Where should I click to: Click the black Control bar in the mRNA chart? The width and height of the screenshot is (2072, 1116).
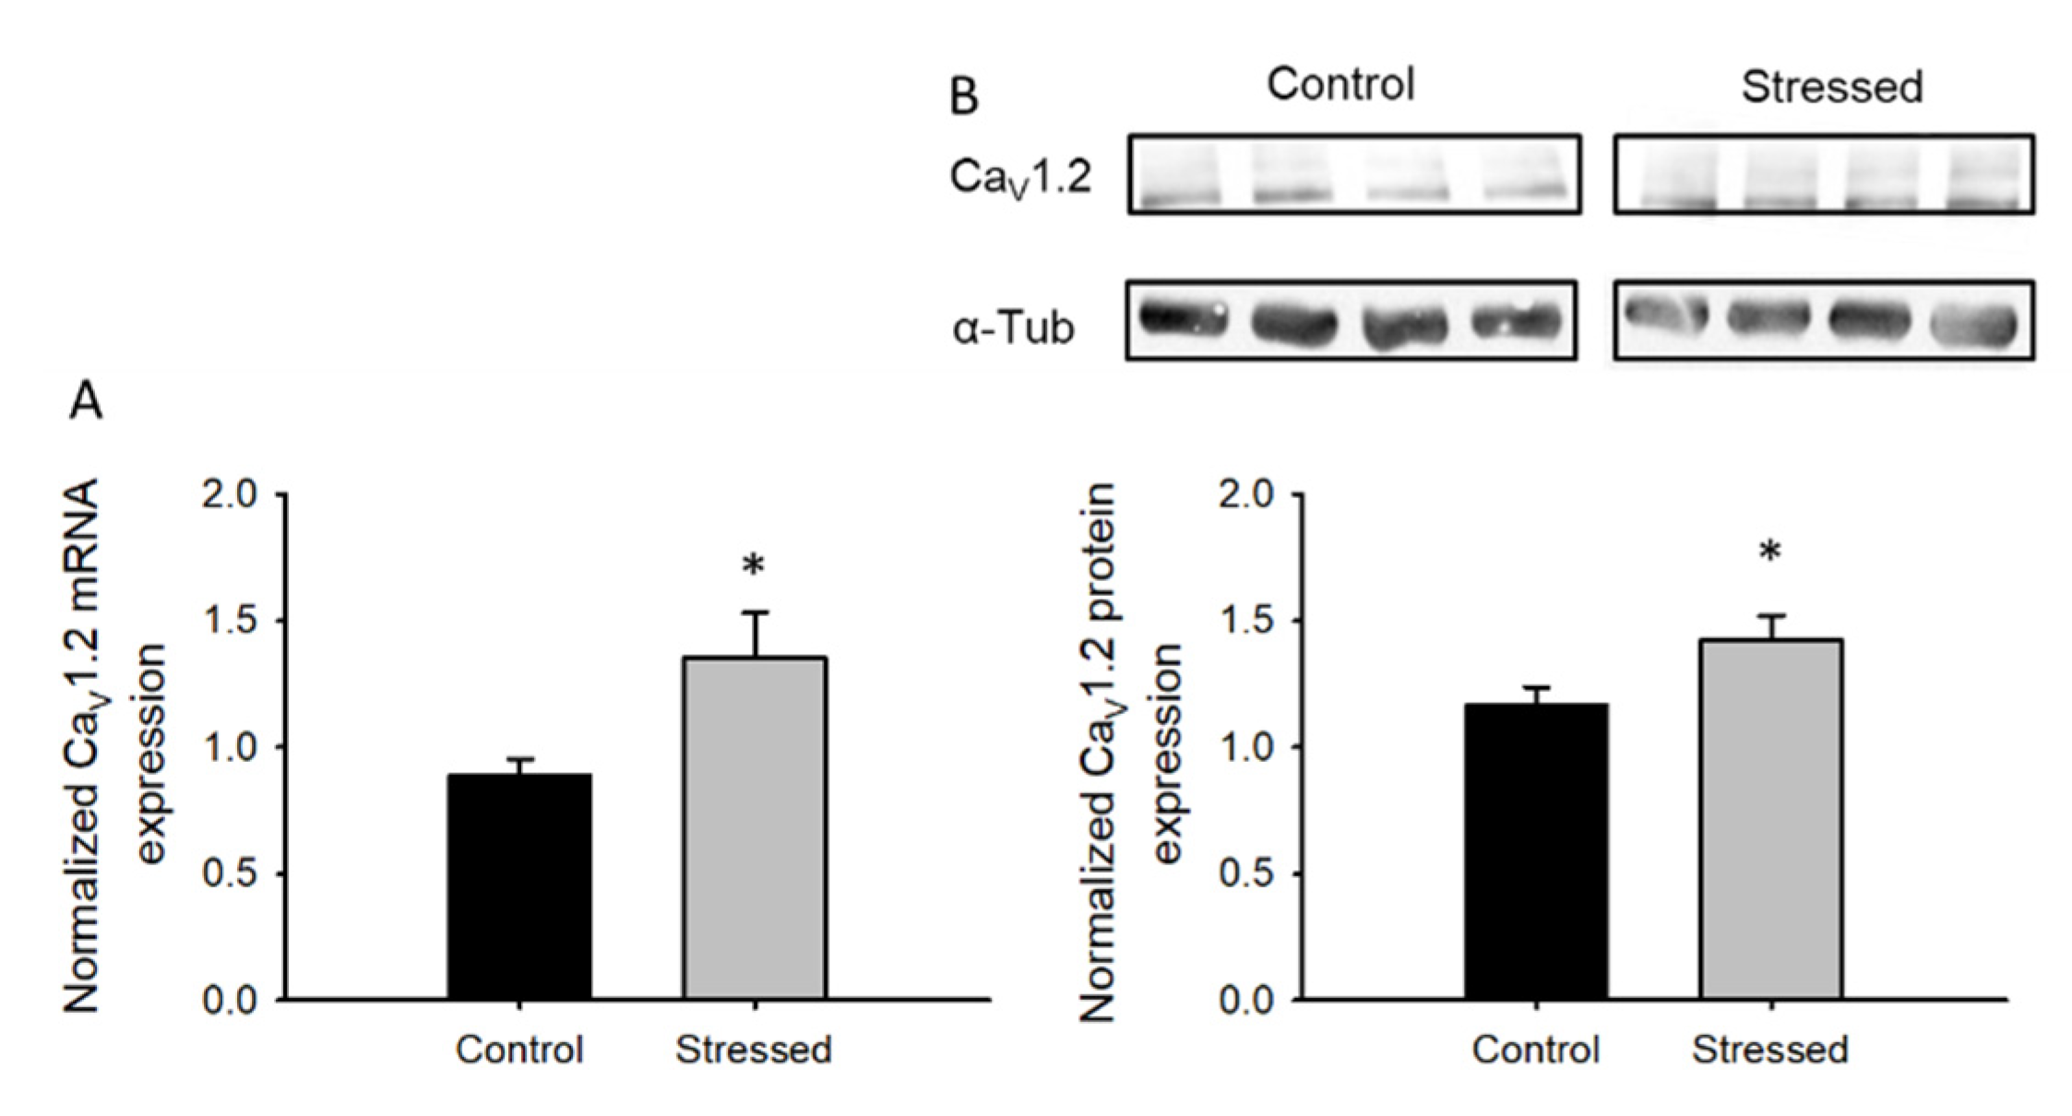click(x=519, y=886)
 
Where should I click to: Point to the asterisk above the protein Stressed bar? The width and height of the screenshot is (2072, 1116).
click(x=1770, y=552)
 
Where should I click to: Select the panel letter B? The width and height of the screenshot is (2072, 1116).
click(x=963, y=97)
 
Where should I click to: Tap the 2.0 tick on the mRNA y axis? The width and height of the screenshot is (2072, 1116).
click(x=230, y=495)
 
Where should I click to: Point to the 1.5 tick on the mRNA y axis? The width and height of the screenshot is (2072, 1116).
click(x=230, y=621)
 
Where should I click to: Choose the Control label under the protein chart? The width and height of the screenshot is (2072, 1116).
click(x=1535, y=1051)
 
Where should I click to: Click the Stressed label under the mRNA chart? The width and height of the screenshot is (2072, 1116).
click(x=754, y=1051)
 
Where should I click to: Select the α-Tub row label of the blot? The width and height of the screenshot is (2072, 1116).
click(x=1013, y=328)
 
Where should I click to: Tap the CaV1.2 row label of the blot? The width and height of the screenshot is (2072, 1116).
click(x=1019, y=177)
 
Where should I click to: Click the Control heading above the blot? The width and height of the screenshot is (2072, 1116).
click(x=1340, y=85)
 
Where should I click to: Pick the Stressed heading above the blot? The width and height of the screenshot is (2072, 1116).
click(x=1831, y=88)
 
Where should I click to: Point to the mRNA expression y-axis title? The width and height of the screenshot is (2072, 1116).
click(x=115, y=747)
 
